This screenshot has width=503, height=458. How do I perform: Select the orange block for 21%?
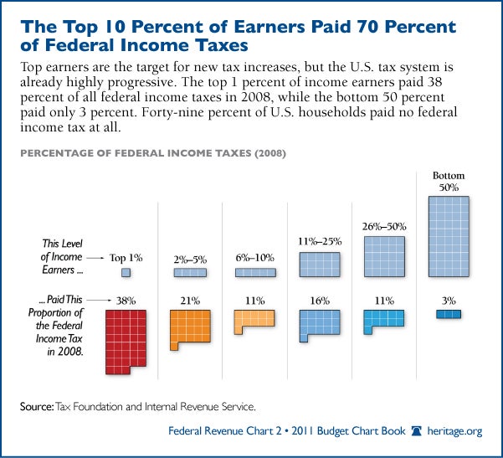pyautogui.click(x=189, y=327)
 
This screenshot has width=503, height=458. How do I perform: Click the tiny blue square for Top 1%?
pyautogui.click(x=126, y=272)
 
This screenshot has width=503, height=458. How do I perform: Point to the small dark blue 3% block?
pyautogui.click(x=448, y=314)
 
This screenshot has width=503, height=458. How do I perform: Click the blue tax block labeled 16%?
pyautogui.click(x=319, y=325)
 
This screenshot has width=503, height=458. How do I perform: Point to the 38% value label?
pyautogui.click(x=126, y=298)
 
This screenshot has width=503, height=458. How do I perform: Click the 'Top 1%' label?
pyautogui.click(x=127, y=258)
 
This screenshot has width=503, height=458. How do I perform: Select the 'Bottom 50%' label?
pyautogui.click(x=448, y=182)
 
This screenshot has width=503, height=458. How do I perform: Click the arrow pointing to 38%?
pyautogui.click(x=98, y=298)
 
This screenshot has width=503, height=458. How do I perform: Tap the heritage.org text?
pyautogui.click(x=457, y=431)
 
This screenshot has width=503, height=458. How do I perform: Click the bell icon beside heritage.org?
pyautogui.click(x=418, y=431)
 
